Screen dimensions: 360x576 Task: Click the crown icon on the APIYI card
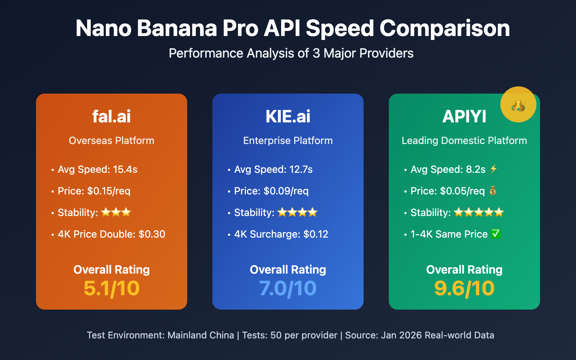(518, 105)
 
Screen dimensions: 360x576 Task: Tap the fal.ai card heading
(111, 116)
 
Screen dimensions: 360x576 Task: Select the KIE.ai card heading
(288, 116)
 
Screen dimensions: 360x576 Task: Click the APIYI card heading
(464, 116)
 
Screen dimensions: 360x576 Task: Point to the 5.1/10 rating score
(111, 288)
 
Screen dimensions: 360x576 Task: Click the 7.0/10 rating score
(288, 288)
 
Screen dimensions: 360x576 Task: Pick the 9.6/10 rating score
(464, 288)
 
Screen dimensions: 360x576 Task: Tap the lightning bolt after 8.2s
(494, 169)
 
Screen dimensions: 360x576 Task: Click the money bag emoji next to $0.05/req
(493, 190)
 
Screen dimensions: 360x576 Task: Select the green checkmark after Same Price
(496, 234)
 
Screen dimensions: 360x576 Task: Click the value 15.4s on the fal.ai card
(125, 169)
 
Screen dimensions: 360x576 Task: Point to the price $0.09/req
(286, 191)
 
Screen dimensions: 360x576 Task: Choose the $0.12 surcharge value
(316, 234)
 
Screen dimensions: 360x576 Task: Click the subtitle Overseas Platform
(111, 140)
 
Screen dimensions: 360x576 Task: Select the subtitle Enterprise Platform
(288, 140)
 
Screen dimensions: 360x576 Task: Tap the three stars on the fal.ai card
(116, 212)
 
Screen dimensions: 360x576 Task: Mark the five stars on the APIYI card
(478, 212)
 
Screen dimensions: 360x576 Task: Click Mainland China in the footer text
(201, 335)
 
